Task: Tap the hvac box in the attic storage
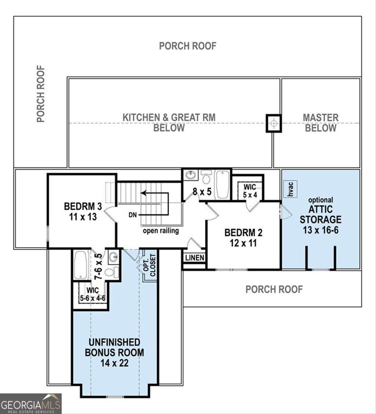[x=289, y=190]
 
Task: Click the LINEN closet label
[x=194, y=258]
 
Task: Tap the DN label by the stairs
[x=132, y=215]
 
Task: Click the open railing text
[x=160, y=231]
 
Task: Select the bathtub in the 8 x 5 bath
[x=222, y=185]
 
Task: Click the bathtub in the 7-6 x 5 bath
[x=81, y=266]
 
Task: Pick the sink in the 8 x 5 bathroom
[x=190, y=176]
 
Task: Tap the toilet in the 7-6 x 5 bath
[x=111, y=272]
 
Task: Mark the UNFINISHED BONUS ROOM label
[x=114, y=352]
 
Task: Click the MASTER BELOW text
[x=321, y=123]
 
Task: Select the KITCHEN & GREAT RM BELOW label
[x=169, y=123]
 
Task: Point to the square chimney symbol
[x=274, y=123]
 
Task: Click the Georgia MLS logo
[x=31, y=404]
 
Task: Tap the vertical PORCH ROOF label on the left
[x=41, y=94]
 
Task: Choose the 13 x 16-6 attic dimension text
[x=320, y=229]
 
